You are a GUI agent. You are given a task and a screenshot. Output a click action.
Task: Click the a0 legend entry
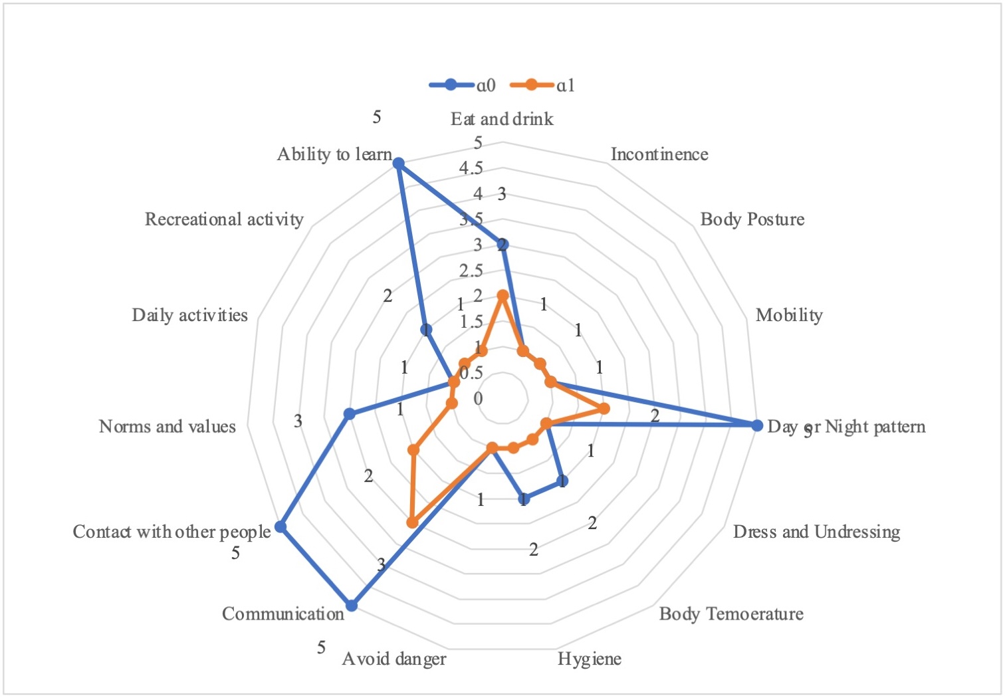(463, 85)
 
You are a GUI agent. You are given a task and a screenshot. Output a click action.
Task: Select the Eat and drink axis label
(502, 119)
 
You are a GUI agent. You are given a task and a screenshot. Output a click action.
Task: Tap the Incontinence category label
(659, 154)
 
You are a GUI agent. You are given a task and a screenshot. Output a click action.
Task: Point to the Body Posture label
(752, 219)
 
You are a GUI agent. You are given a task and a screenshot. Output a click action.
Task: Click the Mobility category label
(788, 315)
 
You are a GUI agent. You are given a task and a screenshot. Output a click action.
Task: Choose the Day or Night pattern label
(845, 427)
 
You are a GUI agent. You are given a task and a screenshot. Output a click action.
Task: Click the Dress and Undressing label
(816, 532)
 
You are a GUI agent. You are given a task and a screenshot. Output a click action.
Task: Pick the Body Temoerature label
(730, 614)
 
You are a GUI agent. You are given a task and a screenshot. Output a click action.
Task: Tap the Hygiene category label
(589, 659)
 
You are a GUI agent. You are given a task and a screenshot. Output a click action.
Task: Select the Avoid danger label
(394, 659)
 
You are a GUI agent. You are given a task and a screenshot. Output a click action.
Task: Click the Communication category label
(282, 614)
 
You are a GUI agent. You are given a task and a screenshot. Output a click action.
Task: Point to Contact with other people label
(171, 532)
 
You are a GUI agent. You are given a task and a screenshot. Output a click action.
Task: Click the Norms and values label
(167, 427)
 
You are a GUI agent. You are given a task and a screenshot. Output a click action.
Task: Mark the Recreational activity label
(224, 219)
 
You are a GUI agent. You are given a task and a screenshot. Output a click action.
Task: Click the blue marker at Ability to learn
(398, 163)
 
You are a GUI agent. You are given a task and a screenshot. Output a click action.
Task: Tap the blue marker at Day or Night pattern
(756, 425)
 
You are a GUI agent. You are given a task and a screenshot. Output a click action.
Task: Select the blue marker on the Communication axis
(352, 605)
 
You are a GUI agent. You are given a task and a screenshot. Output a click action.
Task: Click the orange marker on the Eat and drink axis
(502, 295)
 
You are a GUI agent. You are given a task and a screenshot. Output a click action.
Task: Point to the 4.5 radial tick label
(471, 168)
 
